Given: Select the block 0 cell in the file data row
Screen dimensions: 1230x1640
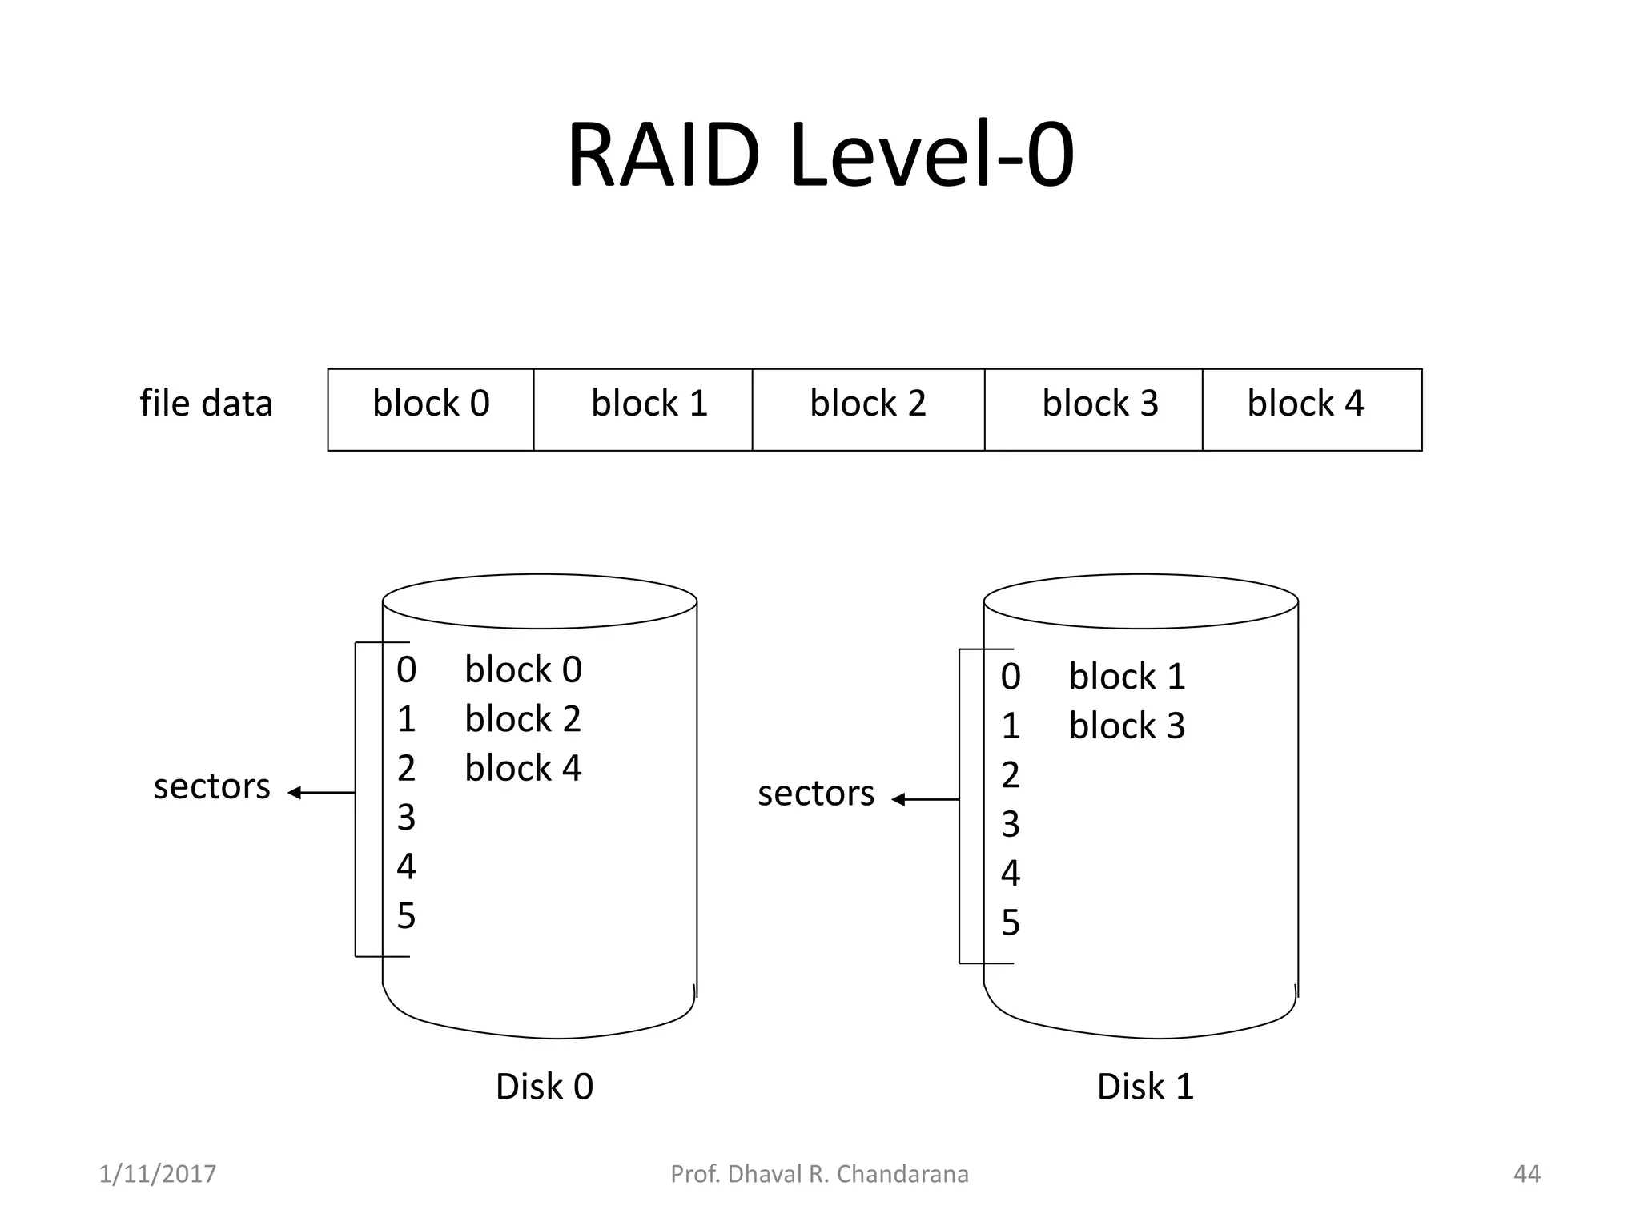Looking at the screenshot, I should (x=431, y=409).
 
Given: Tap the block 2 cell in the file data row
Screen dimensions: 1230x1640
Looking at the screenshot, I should (x=868, y=409).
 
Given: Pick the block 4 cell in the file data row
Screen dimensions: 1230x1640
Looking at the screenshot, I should (x=1311, y=409).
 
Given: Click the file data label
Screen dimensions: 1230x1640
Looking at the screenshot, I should (x=206, y=403).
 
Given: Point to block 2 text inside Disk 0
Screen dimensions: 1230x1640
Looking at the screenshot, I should (x=523, y=719).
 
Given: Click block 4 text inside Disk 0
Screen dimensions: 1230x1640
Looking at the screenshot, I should (x=523, y=768).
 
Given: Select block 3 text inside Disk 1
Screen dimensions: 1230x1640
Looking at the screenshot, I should (x=1127, y=726).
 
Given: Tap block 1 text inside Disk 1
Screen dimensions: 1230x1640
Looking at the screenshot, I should (x=1127, y=677).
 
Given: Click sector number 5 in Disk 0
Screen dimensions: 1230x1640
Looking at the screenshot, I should (x=406, y=916).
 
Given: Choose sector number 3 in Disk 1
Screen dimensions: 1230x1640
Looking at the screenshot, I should (x=1011, y=825).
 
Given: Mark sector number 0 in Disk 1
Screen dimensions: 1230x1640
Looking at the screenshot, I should (x=1011, y=677).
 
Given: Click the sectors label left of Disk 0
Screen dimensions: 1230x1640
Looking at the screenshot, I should (x=211, y=787).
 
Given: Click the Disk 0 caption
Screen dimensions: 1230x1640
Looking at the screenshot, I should (x=545, y=1087).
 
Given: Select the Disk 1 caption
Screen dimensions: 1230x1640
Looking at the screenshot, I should (x=1145, y=1087).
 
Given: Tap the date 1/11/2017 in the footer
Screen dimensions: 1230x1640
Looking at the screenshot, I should (x=157, y=1174).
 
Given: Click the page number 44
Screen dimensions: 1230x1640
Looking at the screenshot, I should (x=1526, y=1174).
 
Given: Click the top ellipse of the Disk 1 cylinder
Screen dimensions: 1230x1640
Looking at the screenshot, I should (x=1140, y=601).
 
